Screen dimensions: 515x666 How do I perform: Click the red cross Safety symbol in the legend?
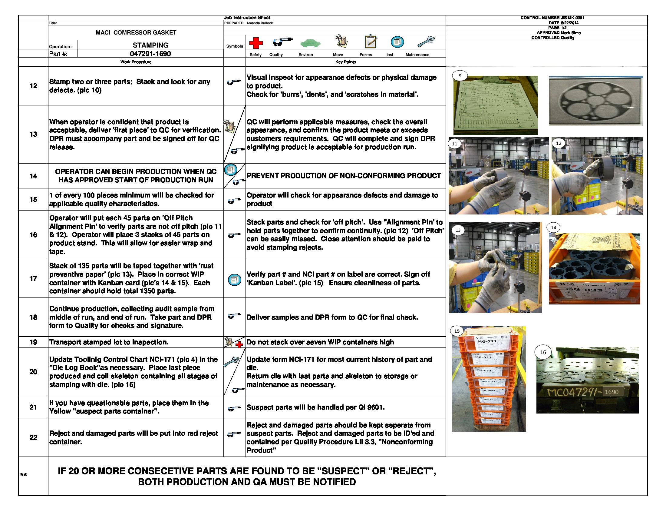(x=256, y=43)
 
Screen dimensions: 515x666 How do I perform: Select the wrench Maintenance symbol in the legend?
(x=426, y=42)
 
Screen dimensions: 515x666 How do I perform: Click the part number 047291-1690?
(x=150, y=54)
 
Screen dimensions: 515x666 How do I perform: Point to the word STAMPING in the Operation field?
(x=150, y=45)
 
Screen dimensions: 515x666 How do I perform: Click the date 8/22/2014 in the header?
(x=569, y=23)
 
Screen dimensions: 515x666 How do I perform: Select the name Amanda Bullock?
(x=259, y=23)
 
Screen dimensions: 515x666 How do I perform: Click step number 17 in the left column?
(x=33, y=278)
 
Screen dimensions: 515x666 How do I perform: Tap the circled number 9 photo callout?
(x=460, y=76)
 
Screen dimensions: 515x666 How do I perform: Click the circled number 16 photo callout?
(x=543, y=352)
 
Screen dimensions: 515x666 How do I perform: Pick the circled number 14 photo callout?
(x=553, y=228)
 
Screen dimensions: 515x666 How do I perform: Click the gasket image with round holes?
(x=595, y=101)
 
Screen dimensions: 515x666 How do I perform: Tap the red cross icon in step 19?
(x=239, y=344)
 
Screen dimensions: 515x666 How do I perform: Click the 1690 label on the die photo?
(x=612, y=392)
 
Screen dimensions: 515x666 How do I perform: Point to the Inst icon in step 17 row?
(x=235, y=280)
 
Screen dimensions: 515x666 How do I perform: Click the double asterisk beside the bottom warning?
(x=24, y=475)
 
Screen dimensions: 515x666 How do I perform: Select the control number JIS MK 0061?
(x=572, y=18)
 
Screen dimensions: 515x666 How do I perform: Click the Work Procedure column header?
(x=136, y=62)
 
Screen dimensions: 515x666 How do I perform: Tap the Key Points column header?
(x=345, y=62)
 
